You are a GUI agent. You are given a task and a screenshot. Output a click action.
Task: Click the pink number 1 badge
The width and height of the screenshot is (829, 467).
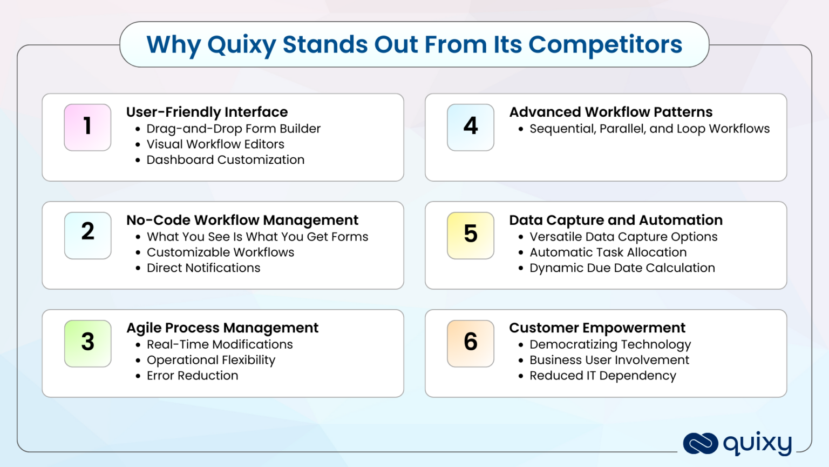[87, 127]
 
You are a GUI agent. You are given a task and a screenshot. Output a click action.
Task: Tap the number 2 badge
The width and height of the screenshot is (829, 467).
[87, 235]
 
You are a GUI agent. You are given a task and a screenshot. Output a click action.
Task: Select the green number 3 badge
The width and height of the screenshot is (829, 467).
[87, 343]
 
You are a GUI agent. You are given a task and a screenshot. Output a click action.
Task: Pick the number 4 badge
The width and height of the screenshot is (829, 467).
[470, 127]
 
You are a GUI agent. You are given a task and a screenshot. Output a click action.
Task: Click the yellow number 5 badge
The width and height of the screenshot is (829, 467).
[470, 235]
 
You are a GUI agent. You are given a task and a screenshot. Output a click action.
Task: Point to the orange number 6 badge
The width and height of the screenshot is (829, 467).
[470, 343]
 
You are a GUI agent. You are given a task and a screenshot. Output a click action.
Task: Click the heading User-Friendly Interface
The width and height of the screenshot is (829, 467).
[207, 112]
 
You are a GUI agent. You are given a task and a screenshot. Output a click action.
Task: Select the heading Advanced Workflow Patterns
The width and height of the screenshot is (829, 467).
[610, 112]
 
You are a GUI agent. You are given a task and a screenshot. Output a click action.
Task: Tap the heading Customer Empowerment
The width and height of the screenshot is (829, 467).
[597, 328]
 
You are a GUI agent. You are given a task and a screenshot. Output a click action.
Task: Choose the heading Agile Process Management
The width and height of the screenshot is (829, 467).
[222, 328]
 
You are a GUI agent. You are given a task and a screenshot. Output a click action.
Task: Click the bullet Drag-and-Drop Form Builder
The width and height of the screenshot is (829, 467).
[233, 129]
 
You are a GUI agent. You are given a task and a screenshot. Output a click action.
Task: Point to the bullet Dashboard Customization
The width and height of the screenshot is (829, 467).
[225, 160]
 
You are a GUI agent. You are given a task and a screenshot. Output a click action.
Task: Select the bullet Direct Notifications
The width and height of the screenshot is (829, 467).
[203, 268]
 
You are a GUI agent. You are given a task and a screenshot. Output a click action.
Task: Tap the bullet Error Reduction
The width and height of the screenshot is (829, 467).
[192, 376]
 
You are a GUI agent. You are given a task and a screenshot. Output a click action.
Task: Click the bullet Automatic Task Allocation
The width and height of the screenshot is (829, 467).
[608, 252]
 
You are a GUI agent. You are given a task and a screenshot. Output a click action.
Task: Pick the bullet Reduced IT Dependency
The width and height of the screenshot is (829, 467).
[602, 376]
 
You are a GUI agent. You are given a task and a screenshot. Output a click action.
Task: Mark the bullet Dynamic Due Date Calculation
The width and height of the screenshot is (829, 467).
[622, 268]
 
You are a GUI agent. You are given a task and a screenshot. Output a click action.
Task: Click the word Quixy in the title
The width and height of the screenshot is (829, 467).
[241, 45]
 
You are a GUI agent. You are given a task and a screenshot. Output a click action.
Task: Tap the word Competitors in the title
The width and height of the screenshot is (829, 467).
[605, 44]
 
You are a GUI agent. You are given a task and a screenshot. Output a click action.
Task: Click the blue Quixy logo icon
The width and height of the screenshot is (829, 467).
[700, 444]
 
